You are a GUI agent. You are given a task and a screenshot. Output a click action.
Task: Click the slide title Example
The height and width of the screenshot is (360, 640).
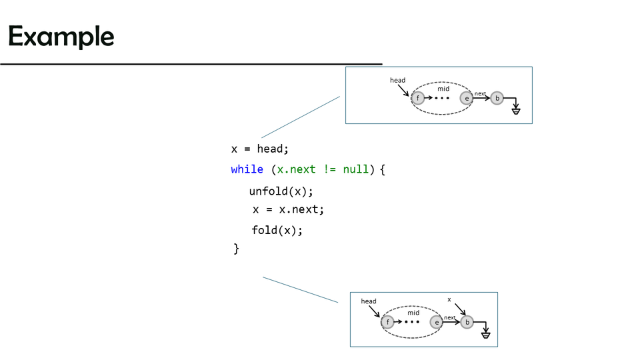[61, 36]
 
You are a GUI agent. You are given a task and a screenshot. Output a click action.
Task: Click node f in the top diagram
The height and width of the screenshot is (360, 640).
[418, 98]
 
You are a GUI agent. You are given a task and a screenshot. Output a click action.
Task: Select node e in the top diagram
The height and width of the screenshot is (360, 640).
[467, 98]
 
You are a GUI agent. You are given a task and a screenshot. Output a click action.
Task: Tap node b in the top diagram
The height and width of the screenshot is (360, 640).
[497, 99]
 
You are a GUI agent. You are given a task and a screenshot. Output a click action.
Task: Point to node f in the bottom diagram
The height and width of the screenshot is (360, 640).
[388, 323]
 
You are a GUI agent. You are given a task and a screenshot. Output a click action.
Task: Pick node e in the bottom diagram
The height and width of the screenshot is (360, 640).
[437, 323]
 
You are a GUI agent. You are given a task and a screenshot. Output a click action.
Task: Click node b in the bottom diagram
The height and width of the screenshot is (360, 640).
[467, 323]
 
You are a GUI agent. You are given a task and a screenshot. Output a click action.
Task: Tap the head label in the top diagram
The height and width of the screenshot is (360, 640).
[397, 81]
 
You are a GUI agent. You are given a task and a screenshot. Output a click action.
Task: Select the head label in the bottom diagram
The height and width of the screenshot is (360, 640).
[369, 301]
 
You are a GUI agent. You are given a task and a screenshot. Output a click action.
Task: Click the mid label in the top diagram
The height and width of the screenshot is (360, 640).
[443, 89]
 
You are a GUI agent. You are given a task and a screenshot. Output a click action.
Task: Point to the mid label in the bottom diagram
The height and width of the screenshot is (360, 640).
[413, 313]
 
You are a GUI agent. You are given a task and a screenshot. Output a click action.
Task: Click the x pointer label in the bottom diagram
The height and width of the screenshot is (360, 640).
[449, 300]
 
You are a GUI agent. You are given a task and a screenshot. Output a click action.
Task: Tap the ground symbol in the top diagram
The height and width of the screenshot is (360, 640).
[515, 109]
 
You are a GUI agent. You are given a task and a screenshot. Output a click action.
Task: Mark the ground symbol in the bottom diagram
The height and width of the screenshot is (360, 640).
[485, 333]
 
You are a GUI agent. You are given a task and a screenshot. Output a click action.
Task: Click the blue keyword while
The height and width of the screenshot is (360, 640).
[247, 169]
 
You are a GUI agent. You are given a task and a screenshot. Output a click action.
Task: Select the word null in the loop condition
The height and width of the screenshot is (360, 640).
[355, 169]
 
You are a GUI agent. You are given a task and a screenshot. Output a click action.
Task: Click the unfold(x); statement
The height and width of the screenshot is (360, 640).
[281, 191]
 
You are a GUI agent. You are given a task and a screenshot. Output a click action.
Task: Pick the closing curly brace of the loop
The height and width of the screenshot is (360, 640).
[236, 249]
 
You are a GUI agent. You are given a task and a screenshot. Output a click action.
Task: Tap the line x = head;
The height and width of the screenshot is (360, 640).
[260, 149]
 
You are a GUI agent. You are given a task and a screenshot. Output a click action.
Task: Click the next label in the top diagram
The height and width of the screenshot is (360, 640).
[480, 94]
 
